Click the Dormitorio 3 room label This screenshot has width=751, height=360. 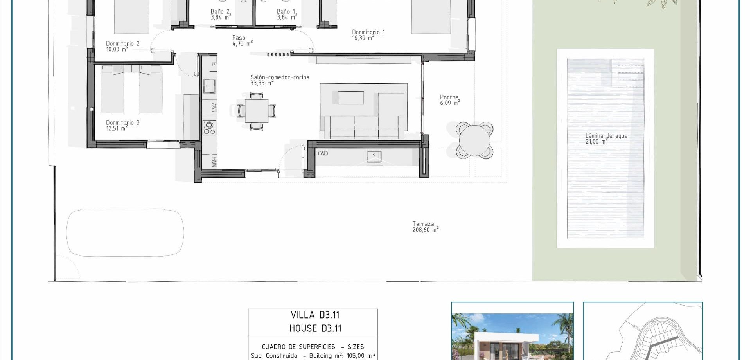click(122, 123)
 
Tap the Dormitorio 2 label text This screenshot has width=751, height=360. click(122, 44)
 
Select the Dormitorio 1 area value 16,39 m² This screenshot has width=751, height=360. click(363, 38)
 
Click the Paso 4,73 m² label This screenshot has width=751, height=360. click(242, 41)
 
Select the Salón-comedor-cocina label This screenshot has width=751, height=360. click(280, 77)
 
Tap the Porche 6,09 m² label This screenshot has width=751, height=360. click(449, 100)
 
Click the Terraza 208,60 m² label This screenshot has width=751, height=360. click(425, 227)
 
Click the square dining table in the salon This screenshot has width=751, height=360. click(257, 111)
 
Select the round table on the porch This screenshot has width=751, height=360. click(474, 140)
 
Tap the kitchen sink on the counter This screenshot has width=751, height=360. click(209, 86)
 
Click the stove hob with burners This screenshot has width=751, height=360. click(209, 128)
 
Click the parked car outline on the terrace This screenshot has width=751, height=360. click(125, 233)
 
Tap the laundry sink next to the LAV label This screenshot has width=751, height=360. click(374, 157)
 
